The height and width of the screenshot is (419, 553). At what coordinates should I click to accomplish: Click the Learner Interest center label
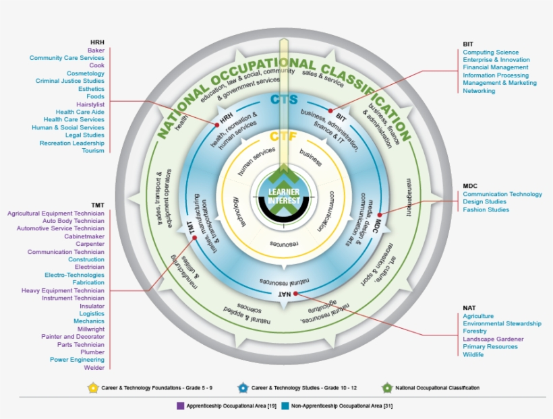[x=283, y=197]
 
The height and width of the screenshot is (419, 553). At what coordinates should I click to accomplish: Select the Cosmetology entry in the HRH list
[x=85, y=73]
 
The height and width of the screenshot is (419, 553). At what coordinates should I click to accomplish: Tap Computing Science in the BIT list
[x=490, y=52]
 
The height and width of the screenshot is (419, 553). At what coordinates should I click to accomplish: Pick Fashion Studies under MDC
[x=486, y=209]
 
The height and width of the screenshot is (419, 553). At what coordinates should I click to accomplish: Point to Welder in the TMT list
[x=94, y=368]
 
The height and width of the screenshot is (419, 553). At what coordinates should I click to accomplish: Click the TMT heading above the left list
[x=98, y=204]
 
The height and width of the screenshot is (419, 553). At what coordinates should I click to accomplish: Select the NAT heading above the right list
[x=469, y=307]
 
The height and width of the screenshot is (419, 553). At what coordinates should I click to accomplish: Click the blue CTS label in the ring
[x=284, y=100]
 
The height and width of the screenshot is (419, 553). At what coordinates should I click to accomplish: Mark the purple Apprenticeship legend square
[x=180, y=406]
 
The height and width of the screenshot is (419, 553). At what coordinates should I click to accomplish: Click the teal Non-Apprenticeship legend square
[x=285, y=406]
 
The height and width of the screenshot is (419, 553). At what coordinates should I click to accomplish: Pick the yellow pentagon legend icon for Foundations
[x=92, y=388]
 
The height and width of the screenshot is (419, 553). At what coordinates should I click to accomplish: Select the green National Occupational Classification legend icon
[x=387, y=388]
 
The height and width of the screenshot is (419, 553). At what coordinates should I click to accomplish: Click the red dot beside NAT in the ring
[x=297, y=294]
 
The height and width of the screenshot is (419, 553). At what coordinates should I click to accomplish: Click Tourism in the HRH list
[x=93, y=151]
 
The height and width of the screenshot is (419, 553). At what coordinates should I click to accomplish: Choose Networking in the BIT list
[x=479, y=91]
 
